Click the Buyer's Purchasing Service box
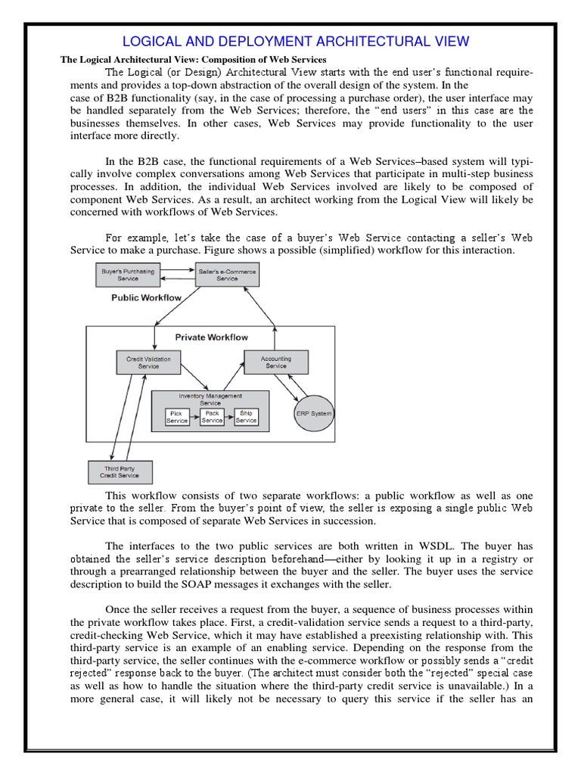pos(128,274)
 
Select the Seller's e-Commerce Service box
pos(227,274)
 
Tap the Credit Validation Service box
pos(148,362)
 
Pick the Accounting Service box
pos(276,362)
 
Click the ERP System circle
pos(313,413)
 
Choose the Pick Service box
pos(177,417)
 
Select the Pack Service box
pos(212,417)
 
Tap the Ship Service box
pos(246,417)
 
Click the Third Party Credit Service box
pos(121,472)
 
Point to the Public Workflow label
pos(146,298)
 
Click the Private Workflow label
pos(212,337)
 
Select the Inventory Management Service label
pos(210,399)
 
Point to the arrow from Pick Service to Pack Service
pos(194,417)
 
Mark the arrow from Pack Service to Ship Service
pos(228,417)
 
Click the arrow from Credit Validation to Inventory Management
pos(192,378)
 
